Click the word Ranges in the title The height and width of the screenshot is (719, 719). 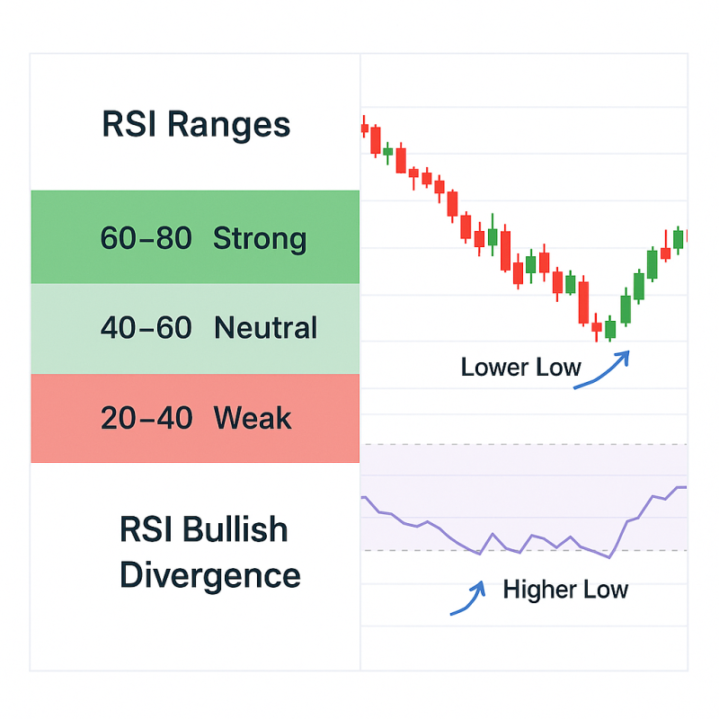tap(229, 125)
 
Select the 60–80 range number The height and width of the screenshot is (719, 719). tap(146, 238)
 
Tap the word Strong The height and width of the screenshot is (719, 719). tap(260, 239)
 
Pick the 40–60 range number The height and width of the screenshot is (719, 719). tap(146, 327)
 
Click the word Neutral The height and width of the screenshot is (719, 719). tap(265, 327)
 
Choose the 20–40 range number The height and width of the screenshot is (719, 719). tap(146, 418)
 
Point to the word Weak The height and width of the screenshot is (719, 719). tap(253, 417)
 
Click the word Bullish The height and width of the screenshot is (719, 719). tap(235, 529)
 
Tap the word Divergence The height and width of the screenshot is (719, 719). tap(210, 576)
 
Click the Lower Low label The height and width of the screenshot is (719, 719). tap(521, 368)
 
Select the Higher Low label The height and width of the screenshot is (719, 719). tap(565, 590)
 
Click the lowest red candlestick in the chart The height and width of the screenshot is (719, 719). tap(597, 327)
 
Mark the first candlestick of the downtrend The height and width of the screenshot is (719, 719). tap(365, 127)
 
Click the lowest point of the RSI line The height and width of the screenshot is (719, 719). tap(609, 557)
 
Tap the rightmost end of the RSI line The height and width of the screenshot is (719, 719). tap(687, 487)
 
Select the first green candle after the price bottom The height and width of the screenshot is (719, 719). tap(610, 329)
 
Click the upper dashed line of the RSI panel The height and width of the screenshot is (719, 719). tap(524, 444)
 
